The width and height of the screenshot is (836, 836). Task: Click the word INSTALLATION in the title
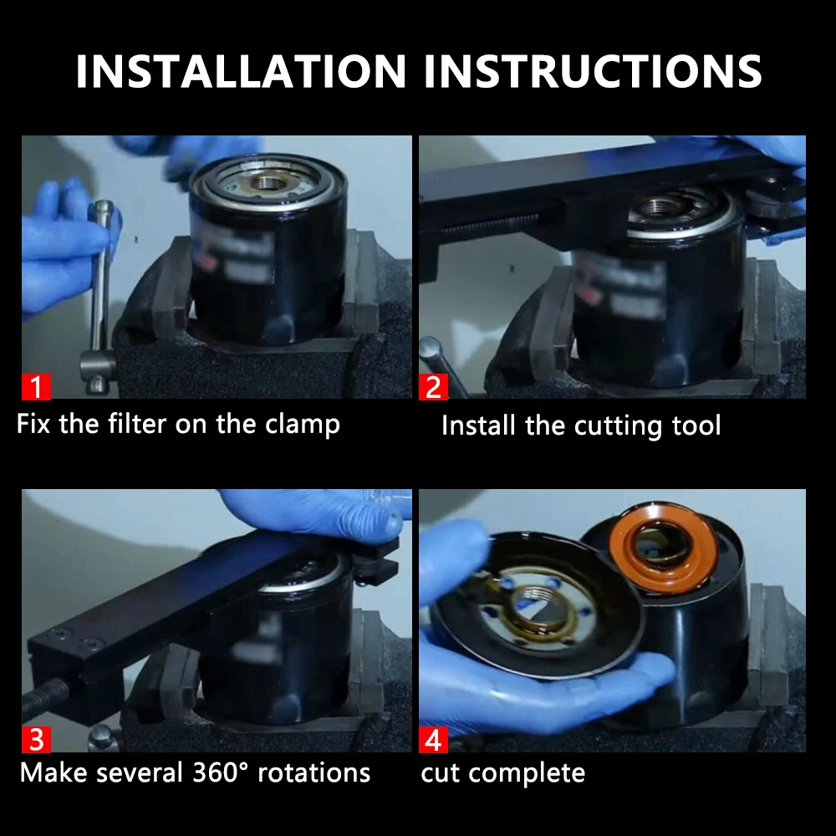[x=243, y=71]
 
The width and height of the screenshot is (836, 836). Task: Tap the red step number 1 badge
[x=36, y=387]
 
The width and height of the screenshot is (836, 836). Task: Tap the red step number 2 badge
[x=433, y=387]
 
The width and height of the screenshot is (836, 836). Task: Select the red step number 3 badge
[x=36, y=740]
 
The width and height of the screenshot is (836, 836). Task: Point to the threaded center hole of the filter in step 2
[x=660, y=206]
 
